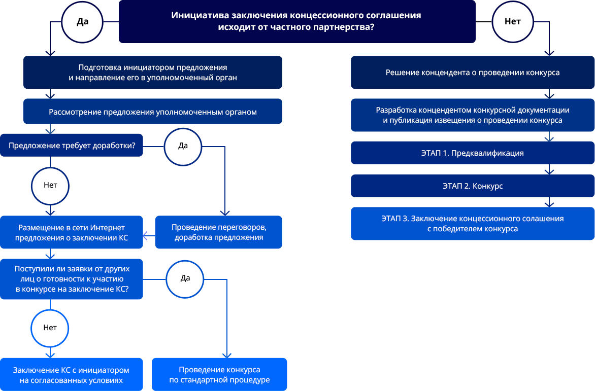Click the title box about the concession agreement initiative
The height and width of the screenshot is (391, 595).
coord(297,21)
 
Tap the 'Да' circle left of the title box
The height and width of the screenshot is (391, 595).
coord(82,22)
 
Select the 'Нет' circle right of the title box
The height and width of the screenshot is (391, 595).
coord(513,22)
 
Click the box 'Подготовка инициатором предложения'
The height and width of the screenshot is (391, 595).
coord(152,73)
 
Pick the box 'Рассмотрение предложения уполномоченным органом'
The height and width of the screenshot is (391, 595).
coord(152,112)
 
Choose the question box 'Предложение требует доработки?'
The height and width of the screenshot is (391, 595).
coord(72,145)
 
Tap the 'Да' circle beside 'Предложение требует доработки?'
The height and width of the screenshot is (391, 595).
coord(183,147)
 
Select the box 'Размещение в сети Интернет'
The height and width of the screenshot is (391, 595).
coord(72,232)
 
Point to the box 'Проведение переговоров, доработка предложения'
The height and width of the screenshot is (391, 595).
coord(219,232)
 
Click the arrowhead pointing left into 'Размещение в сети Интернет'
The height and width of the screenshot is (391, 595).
coord(145,236)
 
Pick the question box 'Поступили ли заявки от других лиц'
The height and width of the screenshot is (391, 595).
coord(72,279)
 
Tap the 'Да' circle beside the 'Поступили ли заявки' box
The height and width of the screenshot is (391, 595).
coord(185,279)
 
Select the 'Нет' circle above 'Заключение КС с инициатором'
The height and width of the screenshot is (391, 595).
coord(50,328)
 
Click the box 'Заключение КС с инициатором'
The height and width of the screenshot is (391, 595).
coord(72,374)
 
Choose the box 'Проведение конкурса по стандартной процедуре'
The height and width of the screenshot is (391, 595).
coord(219,374)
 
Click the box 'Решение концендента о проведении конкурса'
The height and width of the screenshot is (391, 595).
coord(473,73)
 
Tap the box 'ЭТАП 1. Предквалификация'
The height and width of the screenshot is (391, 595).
coord(473,153)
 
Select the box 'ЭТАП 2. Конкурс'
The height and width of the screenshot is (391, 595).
coord(473,186)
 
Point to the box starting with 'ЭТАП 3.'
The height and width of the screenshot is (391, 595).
coord(473,224)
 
